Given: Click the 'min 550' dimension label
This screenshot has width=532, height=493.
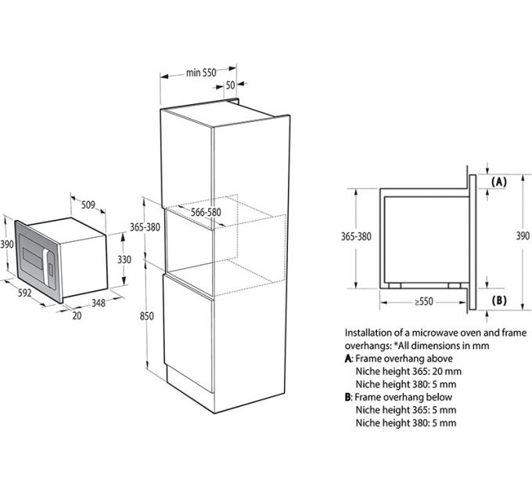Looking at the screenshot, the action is pyautogui.click(x=200, y=73).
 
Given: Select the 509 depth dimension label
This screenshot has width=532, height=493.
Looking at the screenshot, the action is pyautogui.click(x=88, y=206).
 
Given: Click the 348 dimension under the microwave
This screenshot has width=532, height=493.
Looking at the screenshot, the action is pyautogui.click(x=98, y=303).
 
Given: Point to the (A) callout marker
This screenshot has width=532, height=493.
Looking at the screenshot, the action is pyautogui.click(x=498, y=181).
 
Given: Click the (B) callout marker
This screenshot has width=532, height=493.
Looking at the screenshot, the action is pyautogui.click(x=498, y=300).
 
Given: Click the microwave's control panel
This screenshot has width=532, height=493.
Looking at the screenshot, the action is pyautogui.click(x=49, y=264).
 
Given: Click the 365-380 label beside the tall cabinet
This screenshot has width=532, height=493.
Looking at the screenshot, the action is pyautogui.click(x=145, y=227).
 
